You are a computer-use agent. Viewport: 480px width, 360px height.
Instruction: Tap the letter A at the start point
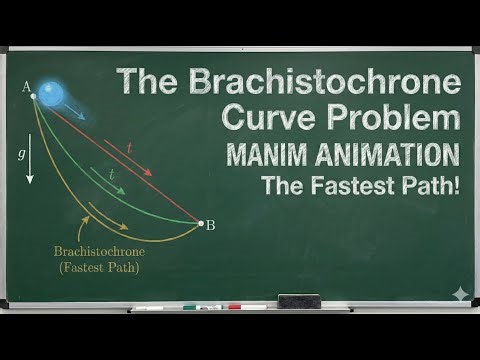tap(25, 87)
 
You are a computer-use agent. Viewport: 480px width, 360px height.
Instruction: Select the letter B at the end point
tap(211, 225)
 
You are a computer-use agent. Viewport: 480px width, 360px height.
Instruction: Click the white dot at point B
tap(200, 222)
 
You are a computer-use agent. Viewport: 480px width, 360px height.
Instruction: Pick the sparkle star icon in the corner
tap(459, 295)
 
